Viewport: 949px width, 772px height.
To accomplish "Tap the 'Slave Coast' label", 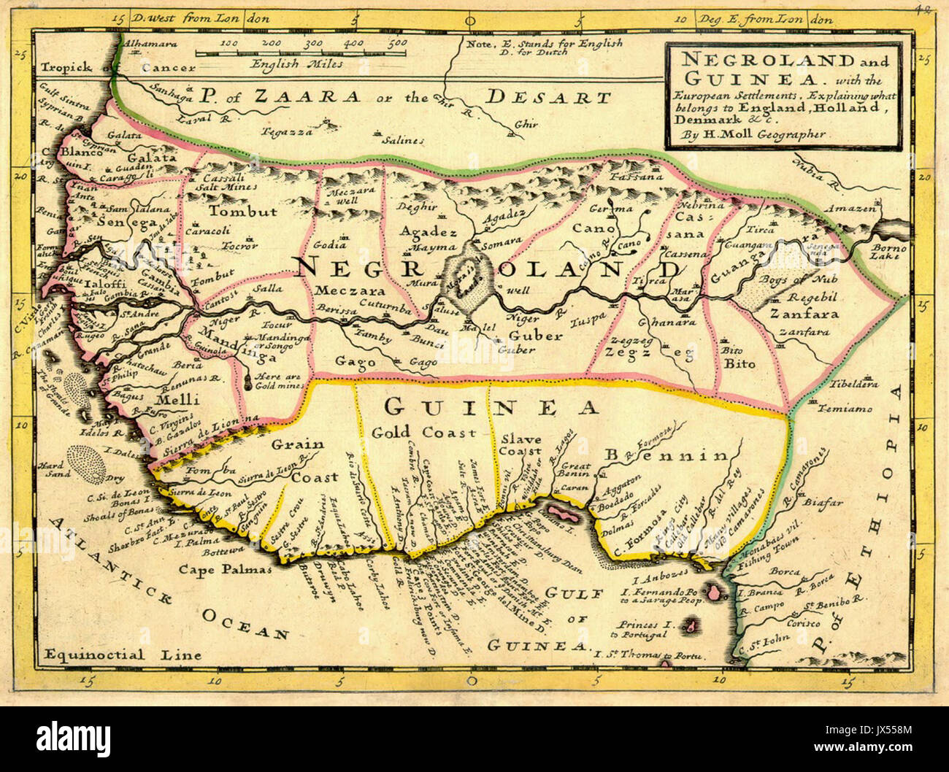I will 520,445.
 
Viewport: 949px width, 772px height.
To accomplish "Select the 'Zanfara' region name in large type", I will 804,314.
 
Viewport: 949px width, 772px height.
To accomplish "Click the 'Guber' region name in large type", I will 535,336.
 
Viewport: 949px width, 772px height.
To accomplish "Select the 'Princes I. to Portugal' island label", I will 642,630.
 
